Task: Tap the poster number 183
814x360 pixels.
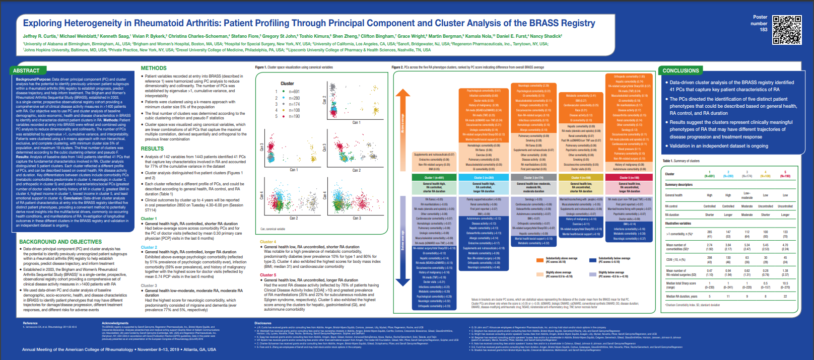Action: coord(764,30)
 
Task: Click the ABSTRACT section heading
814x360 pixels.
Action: coord(26,70)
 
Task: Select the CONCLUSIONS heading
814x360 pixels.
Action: coord(681,70)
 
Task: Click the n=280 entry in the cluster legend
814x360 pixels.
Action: coord(294,98)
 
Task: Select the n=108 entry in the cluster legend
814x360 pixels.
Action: coord(294,110)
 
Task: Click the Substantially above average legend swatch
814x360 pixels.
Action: coord(540,260)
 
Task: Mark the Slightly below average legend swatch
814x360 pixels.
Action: coord(593,274)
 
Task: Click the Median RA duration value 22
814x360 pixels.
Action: coord(785,296)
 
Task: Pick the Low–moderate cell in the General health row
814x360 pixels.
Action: coord(747,195)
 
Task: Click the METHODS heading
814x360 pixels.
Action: coord(154,68)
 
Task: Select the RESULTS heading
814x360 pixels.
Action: coord(152,149)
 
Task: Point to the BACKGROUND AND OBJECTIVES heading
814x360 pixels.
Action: coord(60,242)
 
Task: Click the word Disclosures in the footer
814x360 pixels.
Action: coord(263,323)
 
